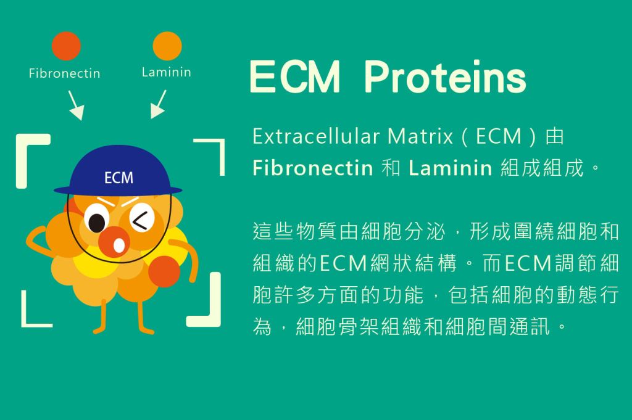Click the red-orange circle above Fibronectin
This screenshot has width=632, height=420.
pos(66,46)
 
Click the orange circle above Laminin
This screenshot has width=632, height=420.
pos(167,46)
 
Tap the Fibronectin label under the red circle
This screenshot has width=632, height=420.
pos(64,73)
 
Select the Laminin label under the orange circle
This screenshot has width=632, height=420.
pos(167,72)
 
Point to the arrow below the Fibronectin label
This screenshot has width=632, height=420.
pos(76,105)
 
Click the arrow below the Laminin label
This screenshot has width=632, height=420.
pos(159,104)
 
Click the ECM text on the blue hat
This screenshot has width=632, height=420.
pos(118,178)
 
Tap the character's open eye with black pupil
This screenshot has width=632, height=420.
pos(96,220)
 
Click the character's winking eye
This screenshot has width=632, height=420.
pos(142,218)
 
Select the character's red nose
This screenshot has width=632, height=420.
pos(114,242)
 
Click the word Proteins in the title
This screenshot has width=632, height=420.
pos(445,77)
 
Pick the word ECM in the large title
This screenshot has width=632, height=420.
pos(295,76)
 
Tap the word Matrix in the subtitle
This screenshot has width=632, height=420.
pos(420,136)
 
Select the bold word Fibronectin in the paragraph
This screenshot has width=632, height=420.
pos(313,168)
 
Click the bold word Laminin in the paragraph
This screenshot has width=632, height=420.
pos(450,168)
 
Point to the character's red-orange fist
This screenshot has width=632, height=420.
pos(164,271)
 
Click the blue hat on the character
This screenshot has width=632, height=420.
pos(118,171)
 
